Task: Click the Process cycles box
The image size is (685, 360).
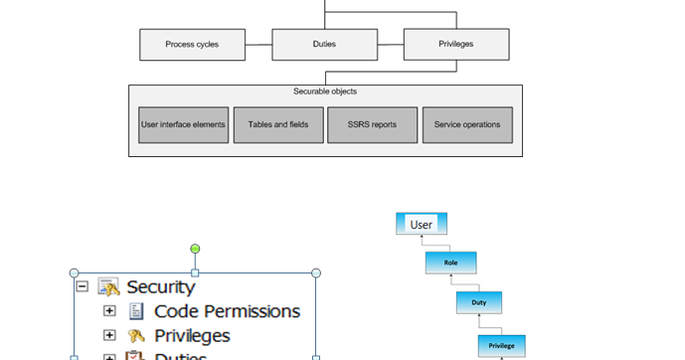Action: click(193, 45)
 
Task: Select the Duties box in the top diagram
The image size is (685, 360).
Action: click(324, 45)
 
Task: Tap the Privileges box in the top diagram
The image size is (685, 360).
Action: click(455, 45)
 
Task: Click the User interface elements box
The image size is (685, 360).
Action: click(184, 125)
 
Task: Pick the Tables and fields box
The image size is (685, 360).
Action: click(279, 125)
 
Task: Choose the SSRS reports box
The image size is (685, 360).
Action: click(373, 125)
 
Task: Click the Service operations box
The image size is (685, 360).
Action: click(467, 125)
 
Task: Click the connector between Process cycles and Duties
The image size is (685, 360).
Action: click(258, 45)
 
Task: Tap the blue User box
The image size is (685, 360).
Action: click(422, 224)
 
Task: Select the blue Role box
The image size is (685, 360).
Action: click(451, 263)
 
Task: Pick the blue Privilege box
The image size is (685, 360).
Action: click(501, 345)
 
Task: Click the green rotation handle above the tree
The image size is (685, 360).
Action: click(195, 249)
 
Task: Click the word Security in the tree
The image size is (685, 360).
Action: click(161, 287)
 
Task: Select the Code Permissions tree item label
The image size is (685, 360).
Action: click(227, 311)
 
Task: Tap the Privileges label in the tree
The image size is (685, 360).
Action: click(192, 336)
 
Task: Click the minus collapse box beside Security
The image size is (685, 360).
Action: click(82, 287)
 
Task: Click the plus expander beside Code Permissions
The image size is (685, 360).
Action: click(110, 311)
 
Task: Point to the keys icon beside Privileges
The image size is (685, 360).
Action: click(136, 336)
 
